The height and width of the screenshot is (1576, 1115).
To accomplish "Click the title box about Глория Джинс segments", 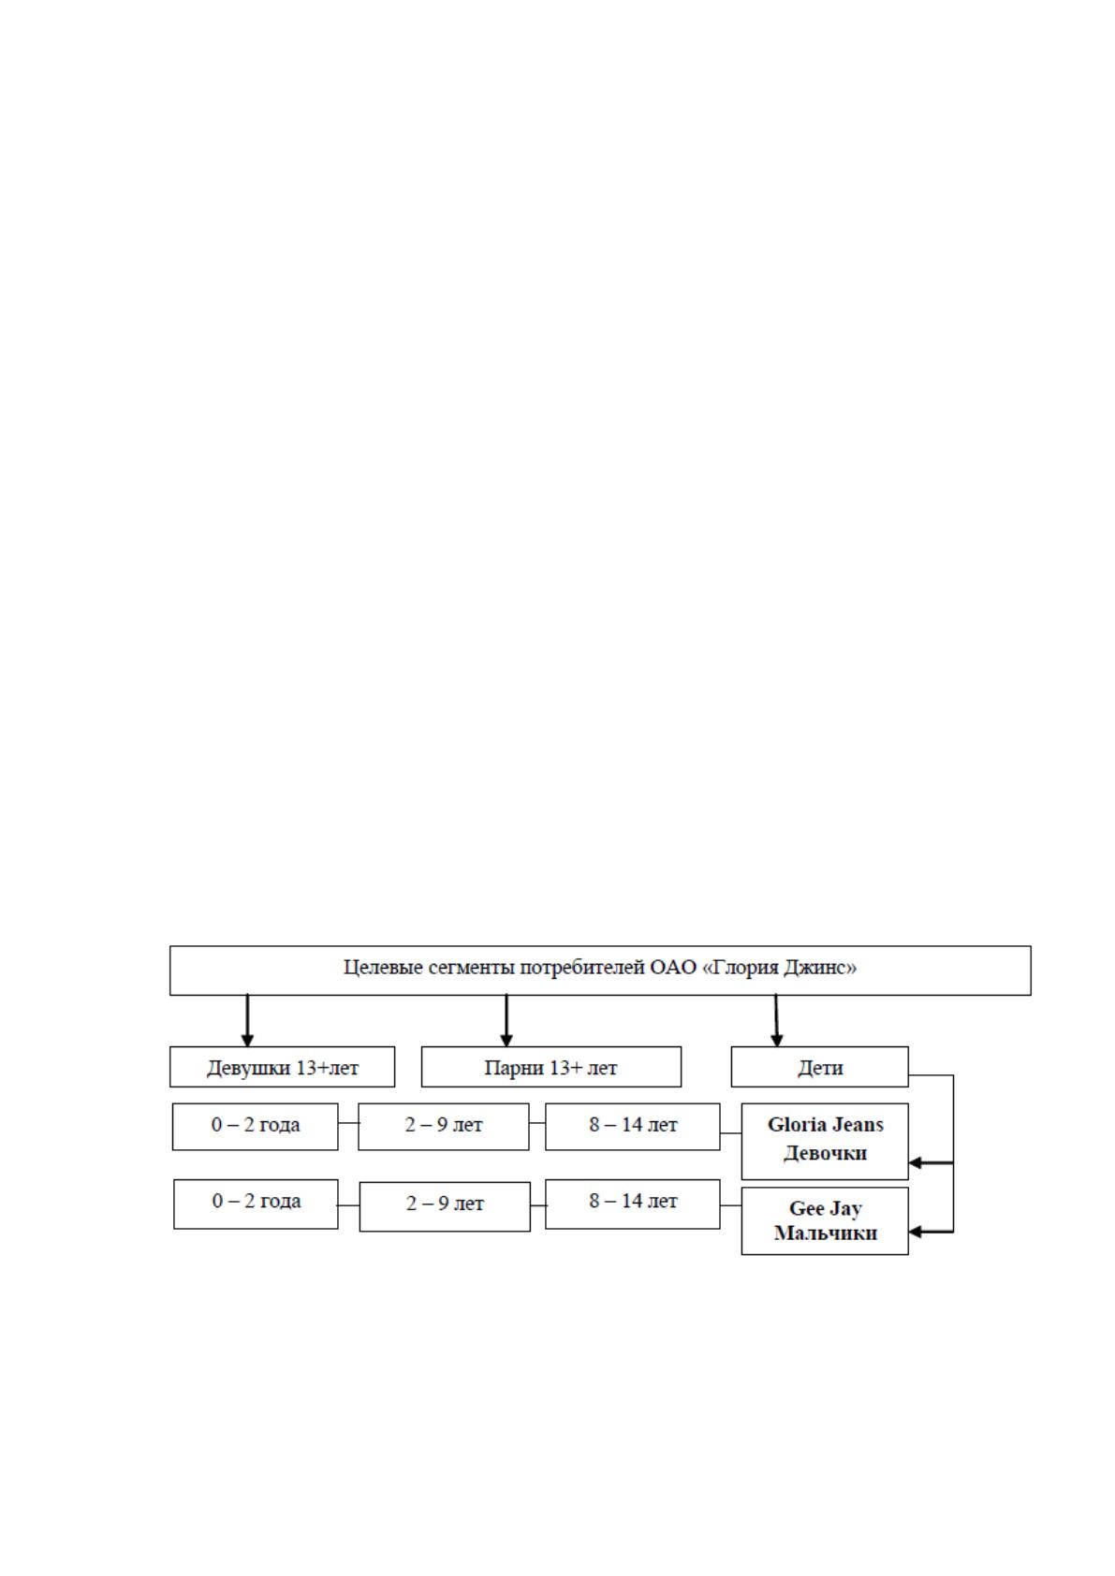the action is (x=600, y=970).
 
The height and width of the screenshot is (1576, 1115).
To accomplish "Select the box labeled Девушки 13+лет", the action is (x=283, y=1067).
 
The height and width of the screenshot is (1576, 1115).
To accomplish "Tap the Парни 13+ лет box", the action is (x=551, y=1067).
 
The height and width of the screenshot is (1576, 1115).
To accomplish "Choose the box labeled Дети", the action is (x=819, y=1067).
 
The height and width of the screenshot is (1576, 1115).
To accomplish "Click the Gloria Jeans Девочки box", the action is (x=825, y=1141).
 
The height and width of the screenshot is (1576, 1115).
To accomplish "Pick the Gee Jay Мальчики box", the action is (x=825, y=1221).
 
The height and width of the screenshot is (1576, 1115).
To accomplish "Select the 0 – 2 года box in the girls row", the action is (x=255, y=1127).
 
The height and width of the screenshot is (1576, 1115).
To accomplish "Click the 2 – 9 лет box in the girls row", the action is (x=444, y=1127).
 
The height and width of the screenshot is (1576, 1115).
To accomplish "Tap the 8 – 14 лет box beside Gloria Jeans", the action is (x=633, y=1127).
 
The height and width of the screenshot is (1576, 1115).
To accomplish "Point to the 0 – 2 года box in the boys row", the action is (x=256, y=1204).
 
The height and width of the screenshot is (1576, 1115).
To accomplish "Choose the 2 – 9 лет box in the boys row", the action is (x=445, y=1206).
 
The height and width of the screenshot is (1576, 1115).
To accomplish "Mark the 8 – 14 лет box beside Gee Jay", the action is (x=633, y=1204).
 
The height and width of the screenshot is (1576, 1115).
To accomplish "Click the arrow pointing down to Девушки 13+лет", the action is (x=247, y=1020).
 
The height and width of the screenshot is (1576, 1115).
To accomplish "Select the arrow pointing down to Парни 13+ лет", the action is (x=506, y=1020).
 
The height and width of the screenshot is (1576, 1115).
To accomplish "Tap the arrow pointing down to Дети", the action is (x=776, y=1020).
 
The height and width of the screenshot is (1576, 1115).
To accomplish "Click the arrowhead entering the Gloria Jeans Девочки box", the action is (x=915, y=1163).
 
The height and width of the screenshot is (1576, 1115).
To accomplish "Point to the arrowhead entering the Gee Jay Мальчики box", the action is (x=915, y=1232).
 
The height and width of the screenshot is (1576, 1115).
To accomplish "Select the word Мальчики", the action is (x=826, y=1233).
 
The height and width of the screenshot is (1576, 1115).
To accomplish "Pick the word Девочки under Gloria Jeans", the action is (x=825, y=1153).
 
